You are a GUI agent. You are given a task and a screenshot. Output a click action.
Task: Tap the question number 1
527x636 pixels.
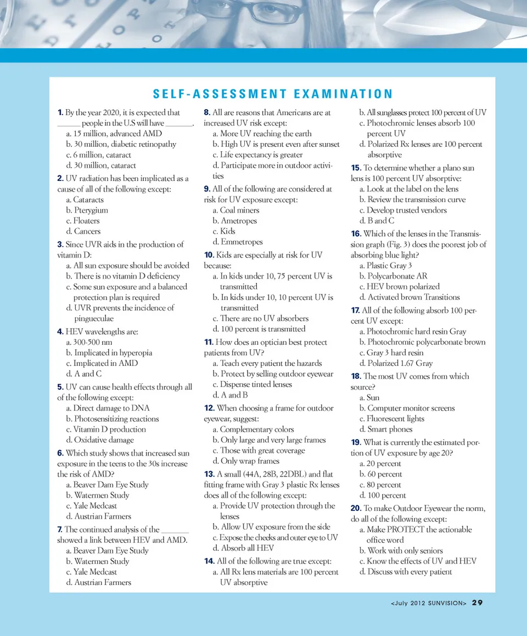(x=60, y=112)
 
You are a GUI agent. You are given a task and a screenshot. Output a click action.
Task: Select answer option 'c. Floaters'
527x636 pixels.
(x=82, y=220)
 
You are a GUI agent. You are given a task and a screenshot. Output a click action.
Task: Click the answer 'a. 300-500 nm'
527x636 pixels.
(x=88, y=342)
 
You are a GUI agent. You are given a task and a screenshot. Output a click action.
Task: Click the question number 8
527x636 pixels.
(x=206, y=112)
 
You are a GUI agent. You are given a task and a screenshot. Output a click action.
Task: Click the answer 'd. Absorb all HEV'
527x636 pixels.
(x=243, y=548)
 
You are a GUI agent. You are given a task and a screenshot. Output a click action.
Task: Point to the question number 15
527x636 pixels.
(x=356, y=168)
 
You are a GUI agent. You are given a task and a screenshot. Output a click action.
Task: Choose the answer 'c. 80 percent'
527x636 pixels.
(x=380, y=485)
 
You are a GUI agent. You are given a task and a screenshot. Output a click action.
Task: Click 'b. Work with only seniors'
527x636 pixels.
(x=401, y=550)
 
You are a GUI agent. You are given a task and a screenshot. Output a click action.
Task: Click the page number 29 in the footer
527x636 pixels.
(x=477, y=603)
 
